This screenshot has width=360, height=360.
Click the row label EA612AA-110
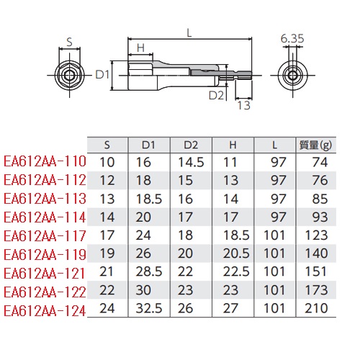(x=45, y=161)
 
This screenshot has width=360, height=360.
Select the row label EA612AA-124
(x=45, y=311)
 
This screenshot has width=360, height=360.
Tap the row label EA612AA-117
(x=45, y=236)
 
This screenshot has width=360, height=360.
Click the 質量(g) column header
(x=316, y=145)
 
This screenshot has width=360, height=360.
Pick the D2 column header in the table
(x=191, y=145)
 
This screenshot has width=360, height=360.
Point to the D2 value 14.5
(x=191, y=162)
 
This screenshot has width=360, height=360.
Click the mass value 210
(x=316, y=308)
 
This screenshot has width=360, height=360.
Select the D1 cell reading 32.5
(x=149, y=308)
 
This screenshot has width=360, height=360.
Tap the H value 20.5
(x=236, y=253)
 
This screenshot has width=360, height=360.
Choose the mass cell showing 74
(x=320, y=162)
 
